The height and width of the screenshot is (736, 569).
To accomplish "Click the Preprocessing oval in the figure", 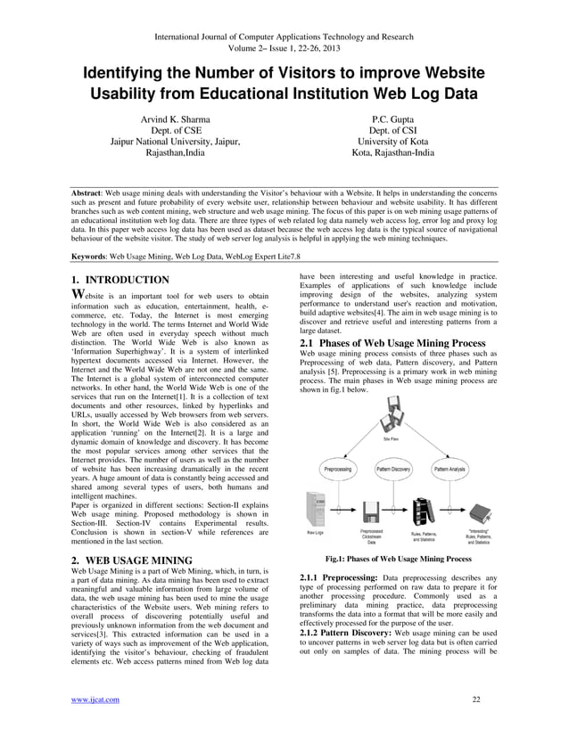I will pyautogui.click(x=337, y=469).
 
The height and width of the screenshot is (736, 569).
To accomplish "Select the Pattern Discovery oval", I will pyautogui.click(x=392, y=469).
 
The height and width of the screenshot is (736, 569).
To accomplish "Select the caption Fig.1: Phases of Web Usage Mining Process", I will pyautogui.click(x=398, y=559).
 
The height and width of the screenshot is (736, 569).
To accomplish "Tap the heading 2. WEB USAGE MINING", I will pyautogui.click(x=131, y=560).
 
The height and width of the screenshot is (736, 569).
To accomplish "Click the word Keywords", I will pyautogui.click(x=92, y=255).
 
